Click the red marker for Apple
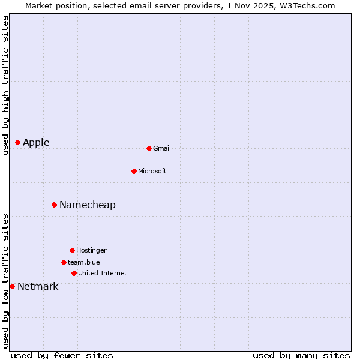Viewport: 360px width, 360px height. pos(17,142)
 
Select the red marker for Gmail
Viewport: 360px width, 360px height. pos(149,148)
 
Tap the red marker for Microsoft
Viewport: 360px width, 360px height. pos(134,171)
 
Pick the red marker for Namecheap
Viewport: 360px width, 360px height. pos(54,205)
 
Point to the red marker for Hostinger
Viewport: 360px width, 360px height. pos(72,250)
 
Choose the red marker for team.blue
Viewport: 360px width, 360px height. pos(64,262)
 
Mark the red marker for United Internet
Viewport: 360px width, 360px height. pos(74,273)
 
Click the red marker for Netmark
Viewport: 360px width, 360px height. pos(12,286)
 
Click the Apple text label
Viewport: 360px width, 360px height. pos(36,142)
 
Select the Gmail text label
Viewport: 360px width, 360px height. pos(162,148)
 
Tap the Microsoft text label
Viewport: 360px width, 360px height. pos(152,171)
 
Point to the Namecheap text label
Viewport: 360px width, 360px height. pos(88,205)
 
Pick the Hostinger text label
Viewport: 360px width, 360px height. pos(91,250)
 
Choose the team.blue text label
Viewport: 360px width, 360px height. pos(84,262)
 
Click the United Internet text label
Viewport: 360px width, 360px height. pos(103,273)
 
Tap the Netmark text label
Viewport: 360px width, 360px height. pos(38,286)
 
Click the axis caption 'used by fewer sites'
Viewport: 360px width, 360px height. pos(62,355)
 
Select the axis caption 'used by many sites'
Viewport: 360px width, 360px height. pos(301,355)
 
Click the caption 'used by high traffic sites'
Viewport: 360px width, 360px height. pos(5,85)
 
